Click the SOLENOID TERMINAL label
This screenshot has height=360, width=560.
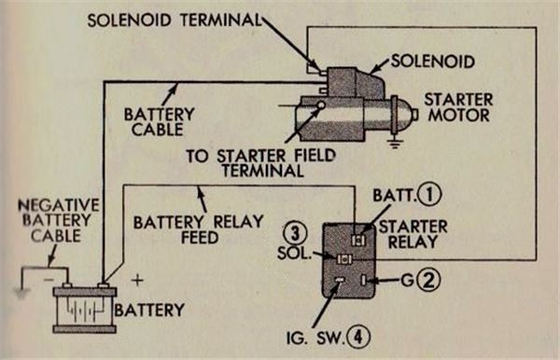coord(173,19)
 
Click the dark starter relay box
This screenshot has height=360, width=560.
coord(350,259)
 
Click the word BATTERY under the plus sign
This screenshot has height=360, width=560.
coord(156,307)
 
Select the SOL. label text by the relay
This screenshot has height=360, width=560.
coord(295,254)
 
